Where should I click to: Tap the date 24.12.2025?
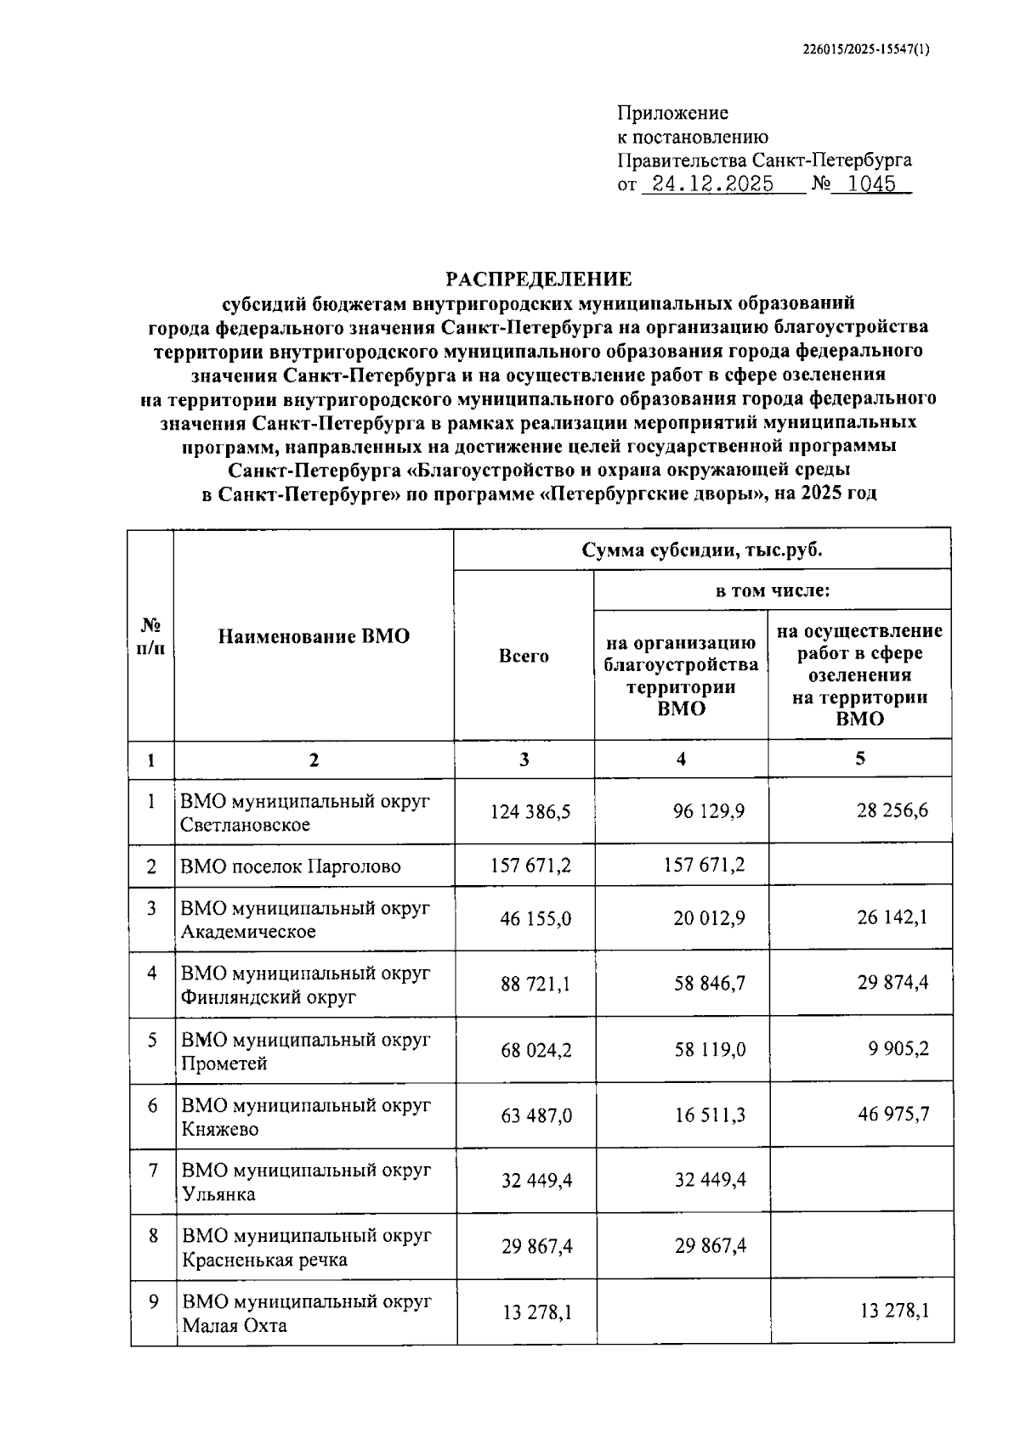[x=707, y=184]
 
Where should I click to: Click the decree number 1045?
[x=871, y=184]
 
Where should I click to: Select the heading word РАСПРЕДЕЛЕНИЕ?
[x=539, y=279]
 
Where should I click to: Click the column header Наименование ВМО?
[x=314, y=636]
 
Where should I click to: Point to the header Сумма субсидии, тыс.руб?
[x=702, y=550]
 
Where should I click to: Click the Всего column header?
[x=524, y=656]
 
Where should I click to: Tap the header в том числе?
[x=772, y=590]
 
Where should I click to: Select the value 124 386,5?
[x=530, y=811]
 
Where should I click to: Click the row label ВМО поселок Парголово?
[x=290, y=866]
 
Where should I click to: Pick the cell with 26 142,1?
[x=892, y=917]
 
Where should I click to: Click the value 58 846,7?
[x=709, y=983]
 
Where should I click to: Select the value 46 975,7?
[x=892, y=1114]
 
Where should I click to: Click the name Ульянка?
[x=218, y=1194]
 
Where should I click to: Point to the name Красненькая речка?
[x=264, y=1260]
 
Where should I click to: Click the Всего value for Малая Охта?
[x=536, y=1312]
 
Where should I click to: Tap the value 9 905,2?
[x=898, y=1048]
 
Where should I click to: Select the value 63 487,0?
[x=536, y=1114]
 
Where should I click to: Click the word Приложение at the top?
[x=672, y=113]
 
